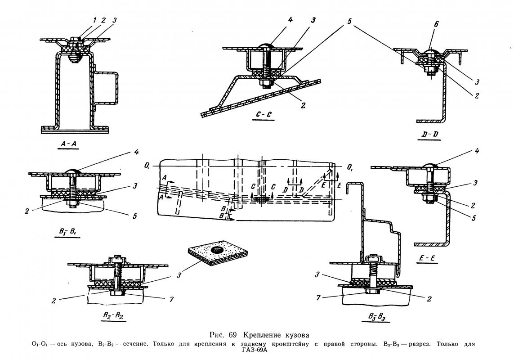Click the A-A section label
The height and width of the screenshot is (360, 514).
click(68, 144)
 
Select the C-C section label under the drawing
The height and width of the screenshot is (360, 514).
click(264, 115)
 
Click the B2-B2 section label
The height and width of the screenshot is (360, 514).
click(113, 315)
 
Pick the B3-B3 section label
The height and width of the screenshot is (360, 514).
click(376, 317)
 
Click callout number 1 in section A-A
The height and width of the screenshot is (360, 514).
click(94, 20)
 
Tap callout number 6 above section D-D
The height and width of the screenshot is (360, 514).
click(436, 24)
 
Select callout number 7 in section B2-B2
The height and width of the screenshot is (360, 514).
click(171, 299)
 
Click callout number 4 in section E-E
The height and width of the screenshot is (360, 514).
click(477, 151)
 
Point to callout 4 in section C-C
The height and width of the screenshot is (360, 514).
click(290, 20)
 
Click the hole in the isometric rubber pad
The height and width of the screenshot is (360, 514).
click(216, 250)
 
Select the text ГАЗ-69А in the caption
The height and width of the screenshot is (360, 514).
click(255, 350)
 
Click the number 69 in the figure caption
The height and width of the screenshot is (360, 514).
click(233, 335)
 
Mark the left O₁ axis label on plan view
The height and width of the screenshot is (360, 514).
click(147, 166)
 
